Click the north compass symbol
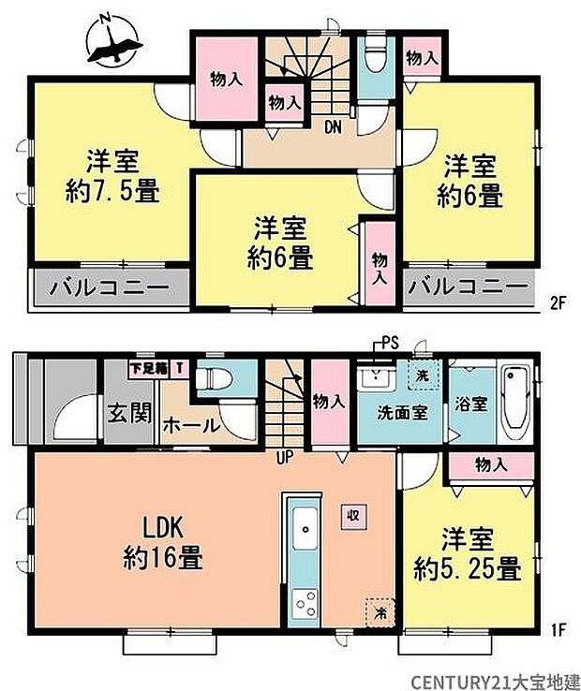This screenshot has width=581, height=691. (112, 41)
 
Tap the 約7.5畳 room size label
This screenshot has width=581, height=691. (112, 192)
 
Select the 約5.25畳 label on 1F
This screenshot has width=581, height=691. (468, 569)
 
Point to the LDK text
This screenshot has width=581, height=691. (162, 528)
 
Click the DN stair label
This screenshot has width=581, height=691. (333, 127)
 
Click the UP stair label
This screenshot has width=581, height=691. (285, 458)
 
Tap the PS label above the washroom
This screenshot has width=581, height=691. (390, 343)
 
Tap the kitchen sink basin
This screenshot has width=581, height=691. (305, 527)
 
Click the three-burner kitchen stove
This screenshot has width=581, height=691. (305, 604)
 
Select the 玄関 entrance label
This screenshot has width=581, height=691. (129, 413)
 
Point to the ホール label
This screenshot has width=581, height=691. (191, 426)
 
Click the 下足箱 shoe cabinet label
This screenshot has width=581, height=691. (149, 368)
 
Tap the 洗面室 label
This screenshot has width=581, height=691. (402, 413)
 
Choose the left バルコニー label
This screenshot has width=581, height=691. (110, 287)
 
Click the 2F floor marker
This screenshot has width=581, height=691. (558, 303)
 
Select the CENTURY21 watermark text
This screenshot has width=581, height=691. (496, 681)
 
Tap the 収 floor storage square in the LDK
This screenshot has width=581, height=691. (353, 516)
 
